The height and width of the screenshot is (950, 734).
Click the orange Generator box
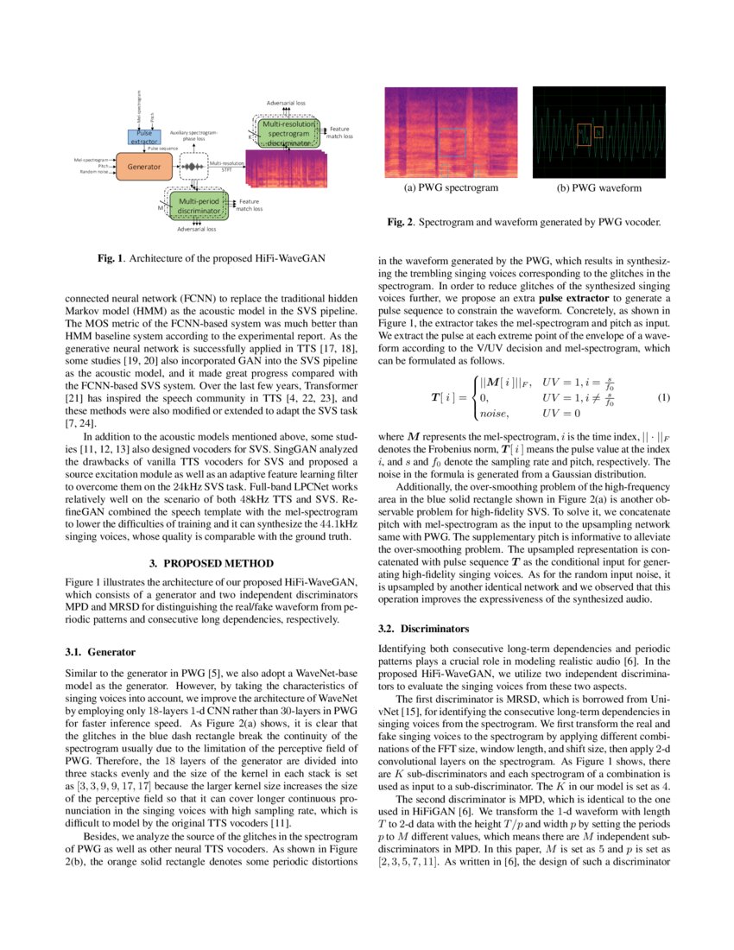tap(144, 166)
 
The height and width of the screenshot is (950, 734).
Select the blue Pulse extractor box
tap(143, 136)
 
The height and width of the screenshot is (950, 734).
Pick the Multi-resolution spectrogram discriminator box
tap(288, 133)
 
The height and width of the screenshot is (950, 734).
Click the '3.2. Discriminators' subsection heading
tap(424, 629)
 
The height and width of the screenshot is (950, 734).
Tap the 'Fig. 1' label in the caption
tap(108, 258)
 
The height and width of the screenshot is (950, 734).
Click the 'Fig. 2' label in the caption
tap(400, 222)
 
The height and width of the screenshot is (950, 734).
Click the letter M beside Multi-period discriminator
tap(160, 207)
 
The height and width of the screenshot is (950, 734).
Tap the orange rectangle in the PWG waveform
tap(585, 134)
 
